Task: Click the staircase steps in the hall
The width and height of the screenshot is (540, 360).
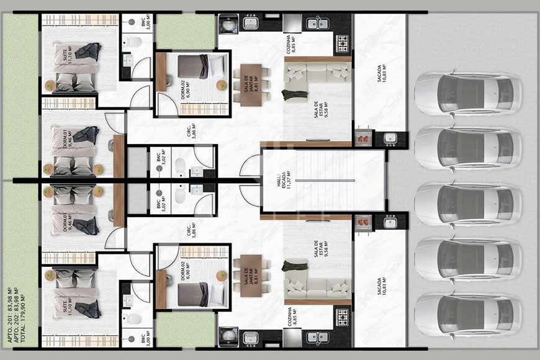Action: [323, 181]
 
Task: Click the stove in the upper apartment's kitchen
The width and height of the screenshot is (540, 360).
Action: [342, 43]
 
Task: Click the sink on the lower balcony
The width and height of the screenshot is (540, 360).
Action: [390, 223]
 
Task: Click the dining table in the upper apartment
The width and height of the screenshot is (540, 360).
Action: [251, 84]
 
